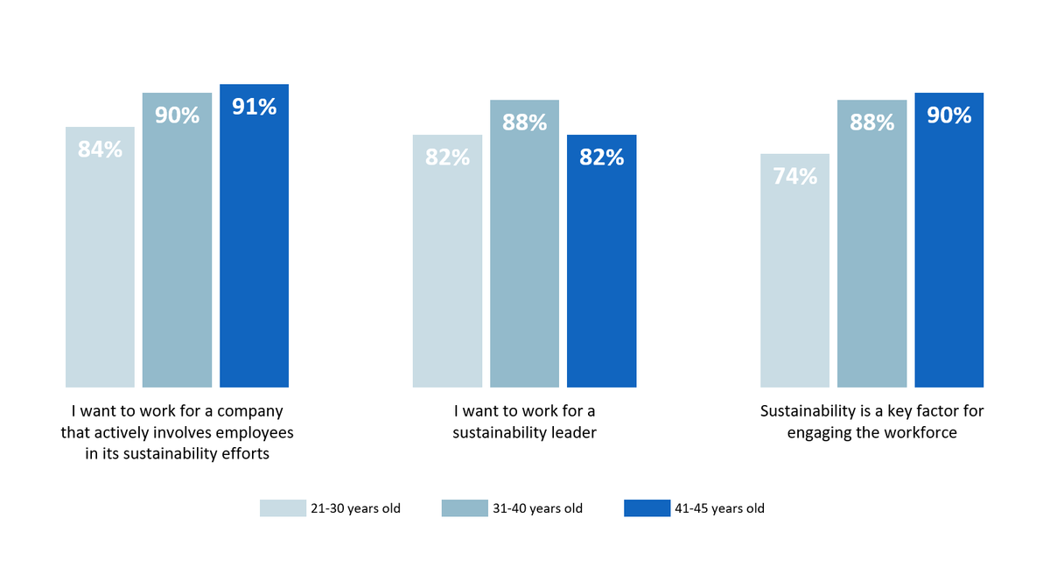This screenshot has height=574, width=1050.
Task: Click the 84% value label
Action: pyautogui.click(x=100, y=150)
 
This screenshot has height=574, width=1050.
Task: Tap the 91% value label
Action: pyautogui.click(x=254, y=107)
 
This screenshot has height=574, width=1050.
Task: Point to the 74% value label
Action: pyautogui.click(x=794, y=177)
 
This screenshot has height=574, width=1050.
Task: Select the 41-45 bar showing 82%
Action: pyautogui.click(x=601, y=262)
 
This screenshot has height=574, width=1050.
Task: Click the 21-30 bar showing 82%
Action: pyautogui.click(x=447, y=262)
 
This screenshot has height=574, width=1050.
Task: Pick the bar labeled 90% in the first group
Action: pyautogui.click(x=177, y=245)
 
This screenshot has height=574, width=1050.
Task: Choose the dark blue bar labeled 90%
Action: pyautogui.click(x=948, y=245)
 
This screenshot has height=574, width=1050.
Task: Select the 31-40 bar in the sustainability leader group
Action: pyautogui.click(x=524, y=245)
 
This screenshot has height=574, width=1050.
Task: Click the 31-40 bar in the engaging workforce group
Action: pyautogui.click(x=871, y=245)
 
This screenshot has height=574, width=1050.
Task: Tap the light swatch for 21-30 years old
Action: pyautogui.click(x=283, y=508)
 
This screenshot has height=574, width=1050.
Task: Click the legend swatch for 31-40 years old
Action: pyautogui.click(x=465, y=508)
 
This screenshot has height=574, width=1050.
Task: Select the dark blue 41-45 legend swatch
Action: pyautogui.click(x=647, y=508)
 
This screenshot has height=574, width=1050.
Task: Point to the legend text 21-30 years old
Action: pyautogui.click(x=355, y=508)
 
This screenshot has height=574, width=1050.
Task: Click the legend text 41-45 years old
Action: pyautogui.click(x=719, y=508)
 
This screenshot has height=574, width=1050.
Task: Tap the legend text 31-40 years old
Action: pyautogui.click(x=537, y=508)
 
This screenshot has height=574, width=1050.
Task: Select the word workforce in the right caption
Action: pyautogui.click(x=917, y=432)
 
